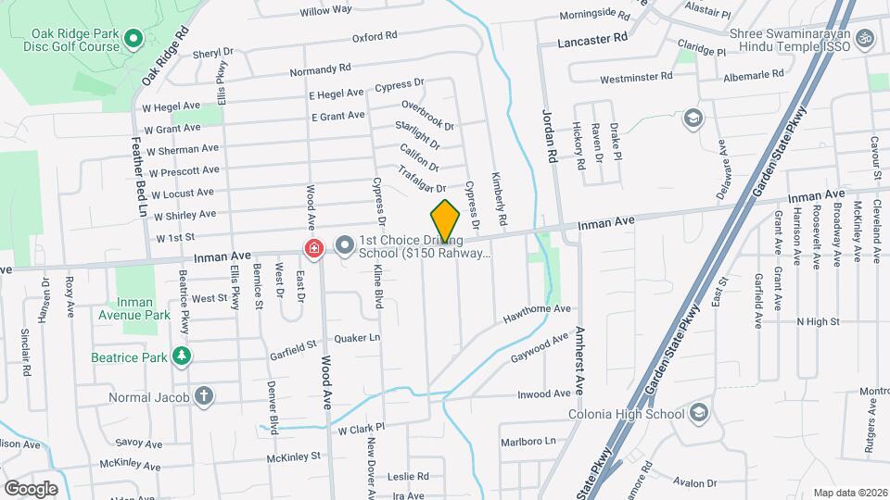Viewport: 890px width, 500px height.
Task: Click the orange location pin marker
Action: point(445,220)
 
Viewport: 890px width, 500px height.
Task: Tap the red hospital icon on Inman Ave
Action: point(314,247)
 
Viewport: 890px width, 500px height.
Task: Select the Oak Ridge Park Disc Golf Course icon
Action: point(133,39)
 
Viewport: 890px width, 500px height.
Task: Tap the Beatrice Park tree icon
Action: point(183,356)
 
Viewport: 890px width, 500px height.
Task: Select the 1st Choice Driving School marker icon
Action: point(345,245)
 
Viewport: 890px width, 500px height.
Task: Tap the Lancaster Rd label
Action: point(592,41)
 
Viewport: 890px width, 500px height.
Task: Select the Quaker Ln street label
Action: point(357,338)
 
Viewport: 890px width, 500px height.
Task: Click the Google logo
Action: point(31,488)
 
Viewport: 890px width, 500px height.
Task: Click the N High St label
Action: point(817,321)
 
